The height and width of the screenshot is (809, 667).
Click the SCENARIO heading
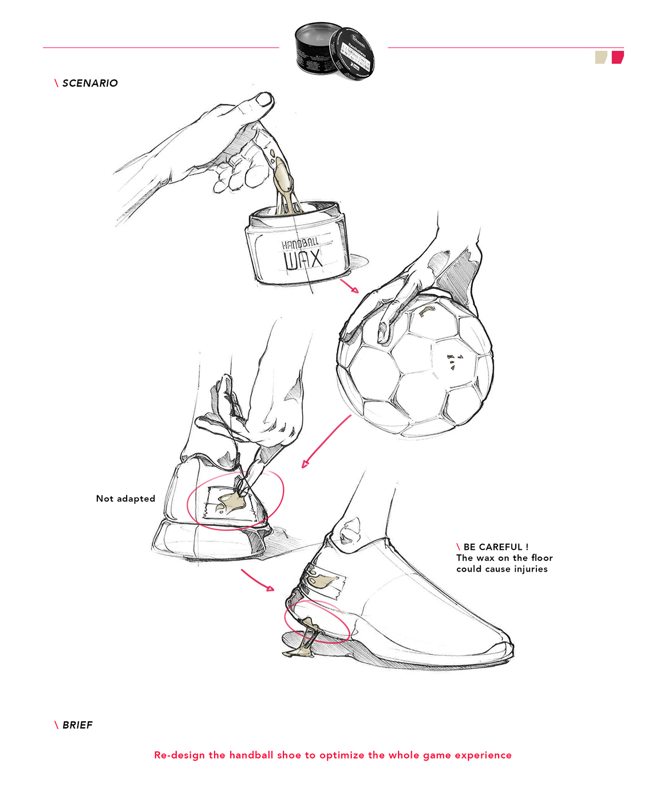click(89, 83)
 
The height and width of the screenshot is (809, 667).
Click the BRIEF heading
click(77, 725)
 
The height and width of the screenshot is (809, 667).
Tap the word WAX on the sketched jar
click(303, 260)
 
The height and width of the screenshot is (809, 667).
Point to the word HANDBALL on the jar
click(300, 244)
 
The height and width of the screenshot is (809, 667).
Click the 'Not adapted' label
click(126, 499)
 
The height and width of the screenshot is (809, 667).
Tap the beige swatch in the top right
click(601, 57)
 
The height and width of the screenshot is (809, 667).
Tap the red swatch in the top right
click(618, 57)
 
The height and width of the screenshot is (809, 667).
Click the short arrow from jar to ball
click(350, 286)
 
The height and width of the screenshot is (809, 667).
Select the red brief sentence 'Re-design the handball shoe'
click(332, 755)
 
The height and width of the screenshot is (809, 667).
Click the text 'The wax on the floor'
click(504, 558)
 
